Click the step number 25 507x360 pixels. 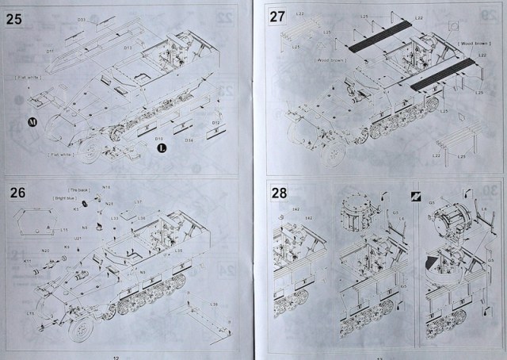(x=14, y=19)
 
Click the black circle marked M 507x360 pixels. (x=32, y=122)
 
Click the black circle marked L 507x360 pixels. (x=162, y=147)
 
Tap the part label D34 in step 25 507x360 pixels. (x=189, y=140)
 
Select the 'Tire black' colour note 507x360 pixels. (x=77, y=191)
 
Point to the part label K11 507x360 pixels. (x=27, y=260)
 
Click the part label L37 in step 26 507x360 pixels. (x=138, y=201)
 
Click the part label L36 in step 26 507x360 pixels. (x=215, y=304)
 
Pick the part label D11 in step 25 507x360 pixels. (x=49, y=51)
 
